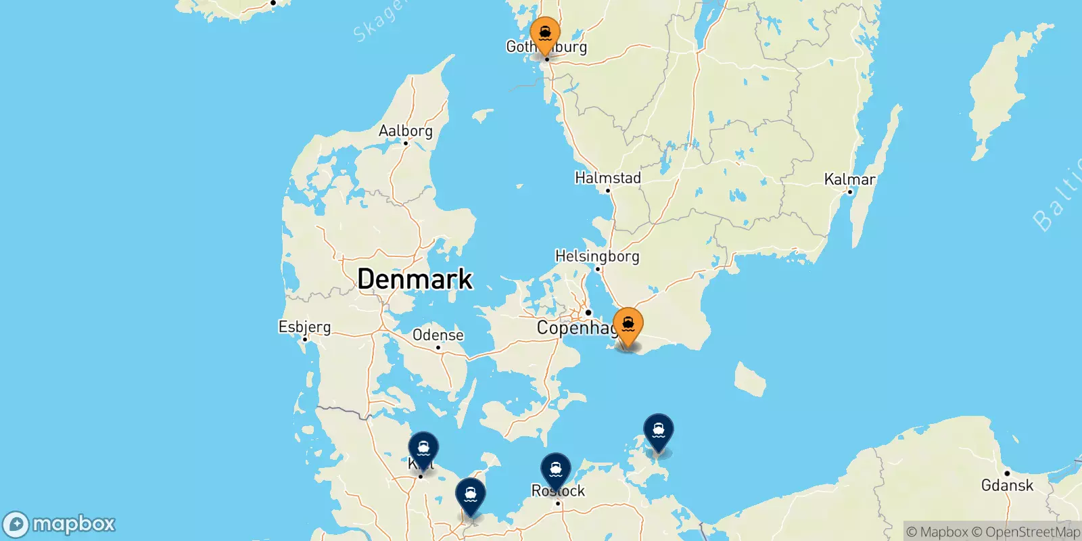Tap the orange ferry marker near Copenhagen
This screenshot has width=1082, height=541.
pyautogui.click(x=628, y=325)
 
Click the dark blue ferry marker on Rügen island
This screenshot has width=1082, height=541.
pyautogui.click(x=658, y=431)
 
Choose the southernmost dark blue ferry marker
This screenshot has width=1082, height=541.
pyautogui.click(x=470, y=496)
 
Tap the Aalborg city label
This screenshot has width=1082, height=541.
pyautogui.click(x=405, y=131)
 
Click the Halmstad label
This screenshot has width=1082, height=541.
pyautogui.click(x=607, y=178)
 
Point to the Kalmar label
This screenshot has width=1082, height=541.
pyautogui.click(x=849, y=179)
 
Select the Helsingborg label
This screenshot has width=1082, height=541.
pyautogui.click(x=596, y=256)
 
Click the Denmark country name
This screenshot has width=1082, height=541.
pyautogui.click(x=415, y=279)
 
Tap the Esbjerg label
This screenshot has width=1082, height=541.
pyautogui.click(x=304, y=327)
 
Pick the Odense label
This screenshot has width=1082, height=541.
pyautogui.click(x=438, y=335)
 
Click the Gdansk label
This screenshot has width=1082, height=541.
pyautogui.click(x=1007, y=485)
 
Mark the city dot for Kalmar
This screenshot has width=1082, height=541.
pyautogui.click(x=850, y=191)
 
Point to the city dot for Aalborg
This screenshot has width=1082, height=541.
pyautogui.click(x=406, y=143)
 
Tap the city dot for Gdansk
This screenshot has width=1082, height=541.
pyautogui.click(x=1007, y=473)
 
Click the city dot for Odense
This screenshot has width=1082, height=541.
pyautogui.click(x=438, y=348)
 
